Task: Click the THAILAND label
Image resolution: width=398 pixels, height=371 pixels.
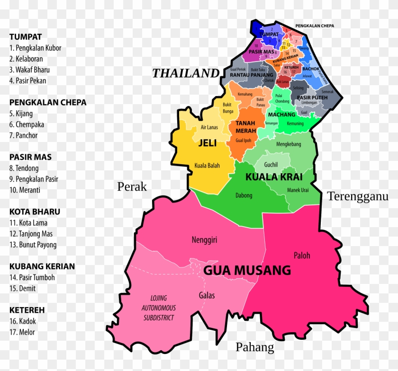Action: (186, 73)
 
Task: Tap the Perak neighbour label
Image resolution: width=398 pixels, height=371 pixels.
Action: (132, 186)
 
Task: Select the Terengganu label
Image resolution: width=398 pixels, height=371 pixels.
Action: (358, 196)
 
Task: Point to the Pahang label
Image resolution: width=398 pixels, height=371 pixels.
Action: (255, 347)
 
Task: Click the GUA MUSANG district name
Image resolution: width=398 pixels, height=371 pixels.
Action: (247, 270)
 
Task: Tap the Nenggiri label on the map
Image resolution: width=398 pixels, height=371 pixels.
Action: (204, 240)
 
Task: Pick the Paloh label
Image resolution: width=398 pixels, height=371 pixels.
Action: (302, 256)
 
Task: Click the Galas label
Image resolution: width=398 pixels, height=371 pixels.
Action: (207, 296)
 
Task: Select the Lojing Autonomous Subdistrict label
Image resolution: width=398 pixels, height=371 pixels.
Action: (159, 308)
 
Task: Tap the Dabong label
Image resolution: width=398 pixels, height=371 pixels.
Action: (244, 195)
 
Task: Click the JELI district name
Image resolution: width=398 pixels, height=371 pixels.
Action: (208, 143)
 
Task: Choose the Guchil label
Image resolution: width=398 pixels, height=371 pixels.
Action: (271, 165)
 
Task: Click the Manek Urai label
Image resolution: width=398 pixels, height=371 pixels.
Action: (298, 190)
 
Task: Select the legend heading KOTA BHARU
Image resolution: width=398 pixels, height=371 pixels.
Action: (35, 212)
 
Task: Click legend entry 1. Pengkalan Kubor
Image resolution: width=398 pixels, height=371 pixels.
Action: (35, 48)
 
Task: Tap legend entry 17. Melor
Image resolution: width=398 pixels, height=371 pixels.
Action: (22, 332)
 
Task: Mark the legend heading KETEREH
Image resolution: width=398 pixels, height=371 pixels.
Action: (27, 310)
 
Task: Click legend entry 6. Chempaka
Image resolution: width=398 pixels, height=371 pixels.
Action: (27, 124)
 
